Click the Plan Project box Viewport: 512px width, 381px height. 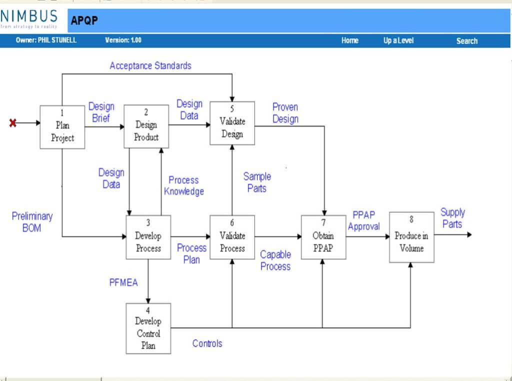point(62,127)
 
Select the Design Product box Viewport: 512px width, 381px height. point(146,126)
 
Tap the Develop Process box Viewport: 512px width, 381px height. point(148,237)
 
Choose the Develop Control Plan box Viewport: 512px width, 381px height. point(148,328)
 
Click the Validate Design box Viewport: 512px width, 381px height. point(232,123)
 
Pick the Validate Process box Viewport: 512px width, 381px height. point(232,237)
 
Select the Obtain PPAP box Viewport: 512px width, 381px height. point(323,237)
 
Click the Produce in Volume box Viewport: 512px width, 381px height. point(411,237)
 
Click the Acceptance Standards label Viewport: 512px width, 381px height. point(150,65)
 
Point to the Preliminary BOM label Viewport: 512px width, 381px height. point(32,222)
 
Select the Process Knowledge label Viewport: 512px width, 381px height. point(183,185)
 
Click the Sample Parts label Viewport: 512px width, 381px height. point(257,182)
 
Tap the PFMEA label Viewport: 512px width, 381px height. point(123,282)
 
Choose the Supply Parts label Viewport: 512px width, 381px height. point(452,218)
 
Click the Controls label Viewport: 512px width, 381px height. point(207,343)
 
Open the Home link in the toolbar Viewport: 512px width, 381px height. point(350,41)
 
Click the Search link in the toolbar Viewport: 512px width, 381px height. point(466,41)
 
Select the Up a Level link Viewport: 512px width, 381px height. point(398,41)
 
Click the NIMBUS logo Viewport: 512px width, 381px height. point(29,18)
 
